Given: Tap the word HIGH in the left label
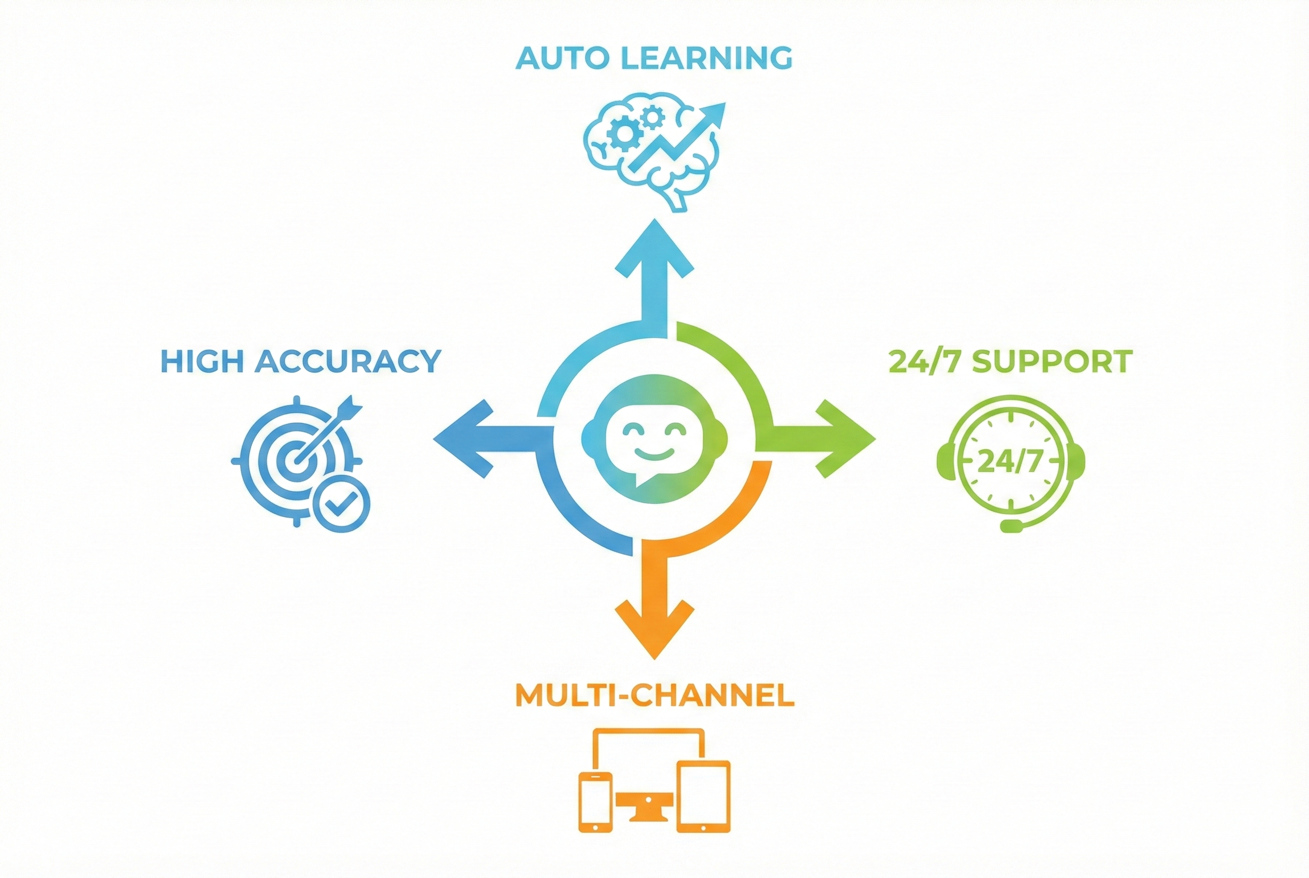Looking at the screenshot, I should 202,361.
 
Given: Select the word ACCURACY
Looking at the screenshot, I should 348,361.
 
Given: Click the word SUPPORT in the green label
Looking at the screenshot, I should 1052,361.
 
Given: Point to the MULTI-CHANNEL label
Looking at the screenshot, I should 654,695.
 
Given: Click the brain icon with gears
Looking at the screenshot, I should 652,151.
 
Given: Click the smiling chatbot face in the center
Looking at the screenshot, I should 654,438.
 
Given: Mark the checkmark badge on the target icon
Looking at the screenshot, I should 341,503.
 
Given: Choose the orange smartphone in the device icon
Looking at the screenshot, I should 595,802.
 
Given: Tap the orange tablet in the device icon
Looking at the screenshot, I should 703,796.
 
